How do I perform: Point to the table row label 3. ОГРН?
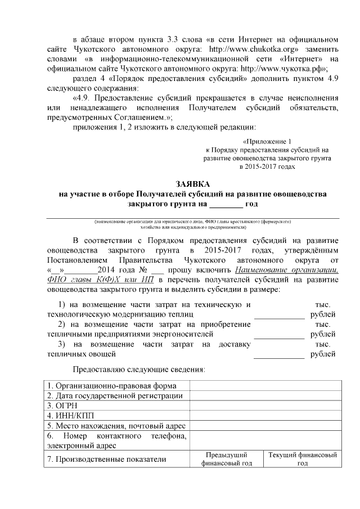[58, 405]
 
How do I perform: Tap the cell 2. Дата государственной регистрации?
[115, 395]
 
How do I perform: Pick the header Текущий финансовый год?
[303, 458]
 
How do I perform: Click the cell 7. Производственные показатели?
[107, 459]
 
